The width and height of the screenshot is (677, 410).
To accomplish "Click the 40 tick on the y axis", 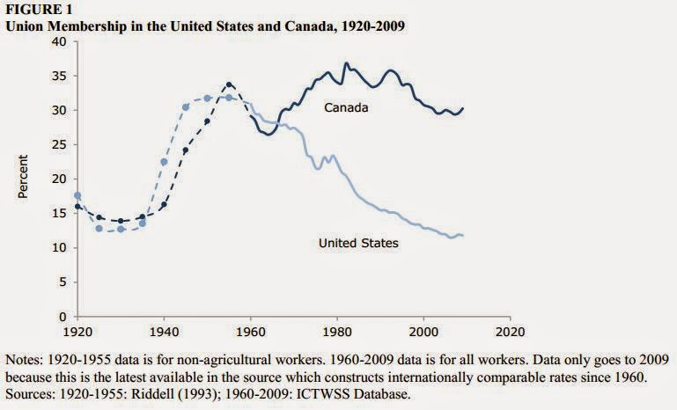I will click(x=63, y=41).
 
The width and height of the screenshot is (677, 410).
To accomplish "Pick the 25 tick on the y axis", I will click(x=63, y=144).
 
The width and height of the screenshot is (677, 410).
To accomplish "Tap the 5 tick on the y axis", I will click(x=66, y=282).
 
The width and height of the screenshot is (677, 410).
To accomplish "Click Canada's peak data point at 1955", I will click(x=229, y=85).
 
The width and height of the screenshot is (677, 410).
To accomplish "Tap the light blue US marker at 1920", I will click(x=77, y=195).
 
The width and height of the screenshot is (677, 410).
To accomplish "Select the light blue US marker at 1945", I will click(x=186, y=107).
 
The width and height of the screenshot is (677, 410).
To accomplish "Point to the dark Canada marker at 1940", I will click(x=164, y=205).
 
